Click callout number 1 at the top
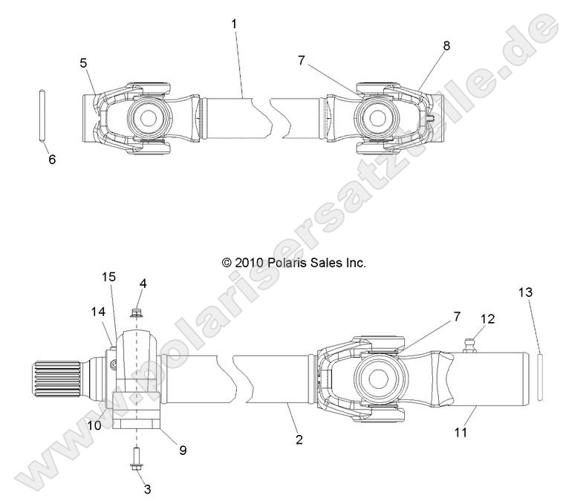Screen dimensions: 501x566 [234, 23]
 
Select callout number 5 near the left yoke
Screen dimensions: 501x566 [83, 62]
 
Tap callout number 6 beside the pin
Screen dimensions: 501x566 [51, 159]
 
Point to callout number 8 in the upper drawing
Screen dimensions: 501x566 [446, 45]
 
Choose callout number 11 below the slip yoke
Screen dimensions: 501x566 [461, 431]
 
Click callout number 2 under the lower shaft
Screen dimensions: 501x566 [299, 439]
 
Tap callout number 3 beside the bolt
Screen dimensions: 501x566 [147, 488]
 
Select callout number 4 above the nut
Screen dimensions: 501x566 [142, 284]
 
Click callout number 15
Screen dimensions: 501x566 [108, 276]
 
